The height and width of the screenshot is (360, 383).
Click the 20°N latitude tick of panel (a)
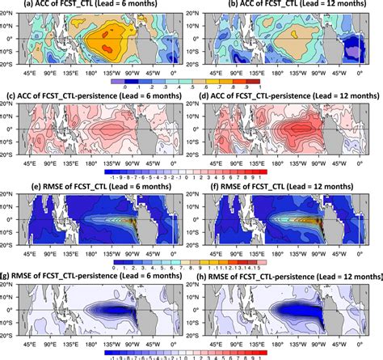tap(8, 15)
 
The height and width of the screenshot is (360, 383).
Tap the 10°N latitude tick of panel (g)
tap(8, 297)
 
